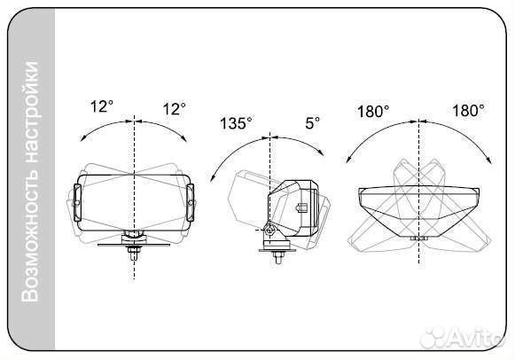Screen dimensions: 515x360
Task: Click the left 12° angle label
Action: pos(101,106)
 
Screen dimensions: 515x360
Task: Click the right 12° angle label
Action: pos(174,109)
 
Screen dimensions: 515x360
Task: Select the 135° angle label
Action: pos(236,123)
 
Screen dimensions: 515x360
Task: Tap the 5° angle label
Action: pos(312,123)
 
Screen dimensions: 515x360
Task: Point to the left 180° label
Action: pos(373,112)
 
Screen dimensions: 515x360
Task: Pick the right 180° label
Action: pos(468,110)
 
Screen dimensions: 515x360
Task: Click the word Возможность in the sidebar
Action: pos(30,233)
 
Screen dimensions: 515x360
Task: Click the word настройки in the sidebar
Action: pos(30,112)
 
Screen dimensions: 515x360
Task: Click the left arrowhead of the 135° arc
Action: pos(212,178)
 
